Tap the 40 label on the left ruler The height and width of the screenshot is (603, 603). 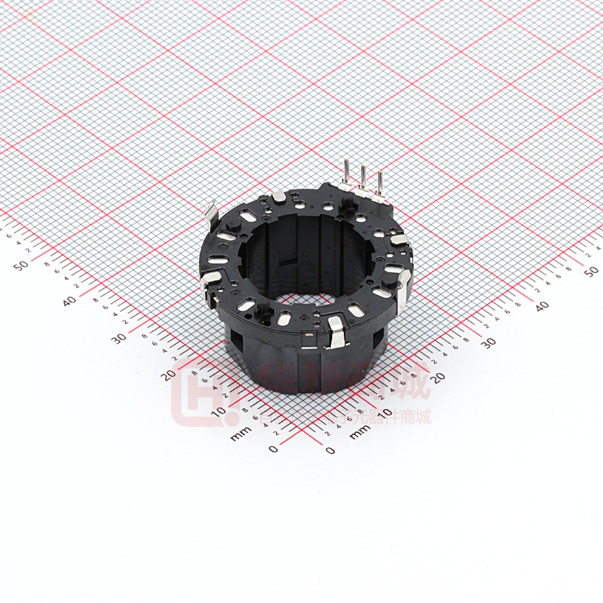[x=68, y=301]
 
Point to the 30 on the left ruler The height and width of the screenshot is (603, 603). [x=119, y=338]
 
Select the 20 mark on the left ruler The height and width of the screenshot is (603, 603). [x=169, y=374]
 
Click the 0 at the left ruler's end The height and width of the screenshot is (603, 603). [x=272, y=449]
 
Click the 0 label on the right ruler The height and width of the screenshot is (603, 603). [x=330, y=450]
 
